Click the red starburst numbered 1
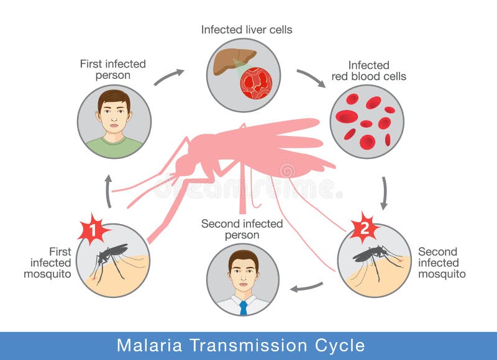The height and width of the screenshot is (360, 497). click(x=93, y=229)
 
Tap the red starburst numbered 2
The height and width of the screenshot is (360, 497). click(x=365, y=228)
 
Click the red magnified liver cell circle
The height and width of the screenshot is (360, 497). click(x=256, y=83)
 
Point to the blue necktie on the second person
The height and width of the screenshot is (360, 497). click(x=244, y=308)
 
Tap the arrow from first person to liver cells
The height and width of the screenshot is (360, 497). click(x=168, y=76)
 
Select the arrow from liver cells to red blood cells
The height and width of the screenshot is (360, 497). click(x=311, y=78)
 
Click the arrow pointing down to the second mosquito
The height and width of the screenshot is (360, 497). click(x=385, y=193)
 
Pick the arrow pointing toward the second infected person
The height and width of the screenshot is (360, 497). click(x=306, y=287)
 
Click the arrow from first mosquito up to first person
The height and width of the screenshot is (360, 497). click(x=109, y=191)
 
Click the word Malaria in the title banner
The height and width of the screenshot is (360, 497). click(x=149, y=345)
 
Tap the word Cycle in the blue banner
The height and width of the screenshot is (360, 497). click(x=339, y=345)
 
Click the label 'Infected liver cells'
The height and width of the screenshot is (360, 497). click(x=247, y=30)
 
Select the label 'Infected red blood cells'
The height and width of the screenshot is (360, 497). click(x=369, y=71)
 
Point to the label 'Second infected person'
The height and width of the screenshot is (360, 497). click(x=242, y=229)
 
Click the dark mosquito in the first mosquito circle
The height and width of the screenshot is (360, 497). click(x=109, y=259)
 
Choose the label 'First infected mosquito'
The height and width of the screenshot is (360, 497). click(x=48, y=263)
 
